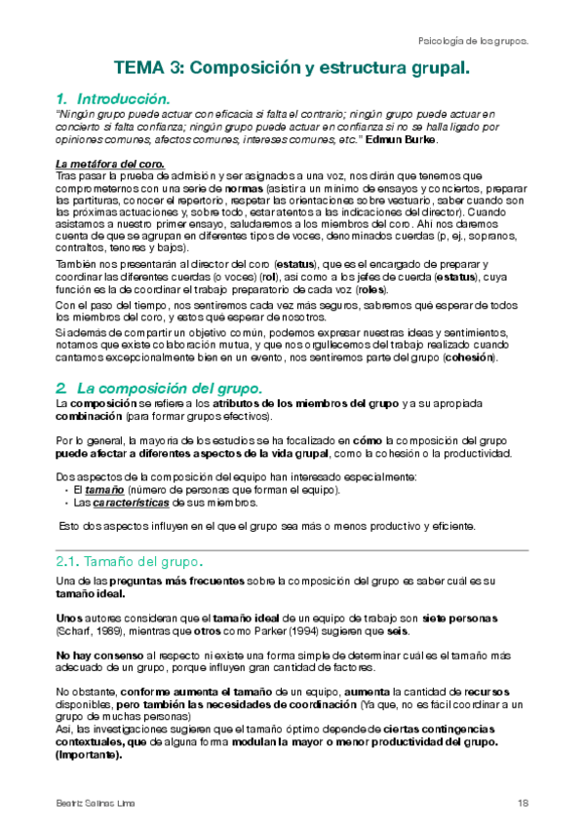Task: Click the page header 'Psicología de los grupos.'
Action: click(x=472, y=42)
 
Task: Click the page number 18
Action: click(x=522, y=802)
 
